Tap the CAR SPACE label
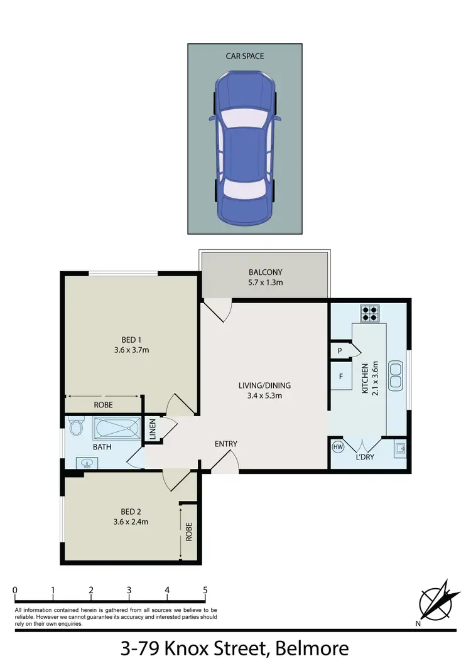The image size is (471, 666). [x=245, y=56]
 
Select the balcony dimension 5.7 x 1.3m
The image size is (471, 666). [x=265, y=283]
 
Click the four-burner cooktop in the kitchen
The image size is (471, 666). [x=369, y=312]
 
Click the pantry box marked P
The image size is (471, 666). [x=339, y=351]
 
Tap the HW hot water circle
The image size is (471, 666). [x=338, y=448]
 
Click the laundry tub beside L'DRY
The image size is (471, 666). [x=399, y=448]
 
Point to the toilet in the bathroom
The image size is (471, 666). [x=76, y=428]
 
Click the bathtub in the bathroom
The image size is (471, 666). [x=117, y=429]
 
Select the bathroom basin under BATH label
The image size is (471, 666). [x=87, y=464]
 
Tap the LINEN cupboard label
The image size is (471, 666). [x=152, y=429]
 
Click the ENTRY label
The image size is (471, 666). [x=226, y=444]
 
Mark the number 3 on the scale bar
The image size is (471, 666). [x=129, y=590]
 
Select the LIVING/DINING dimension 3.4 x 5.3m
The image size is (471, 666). [x=264, y=395]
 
